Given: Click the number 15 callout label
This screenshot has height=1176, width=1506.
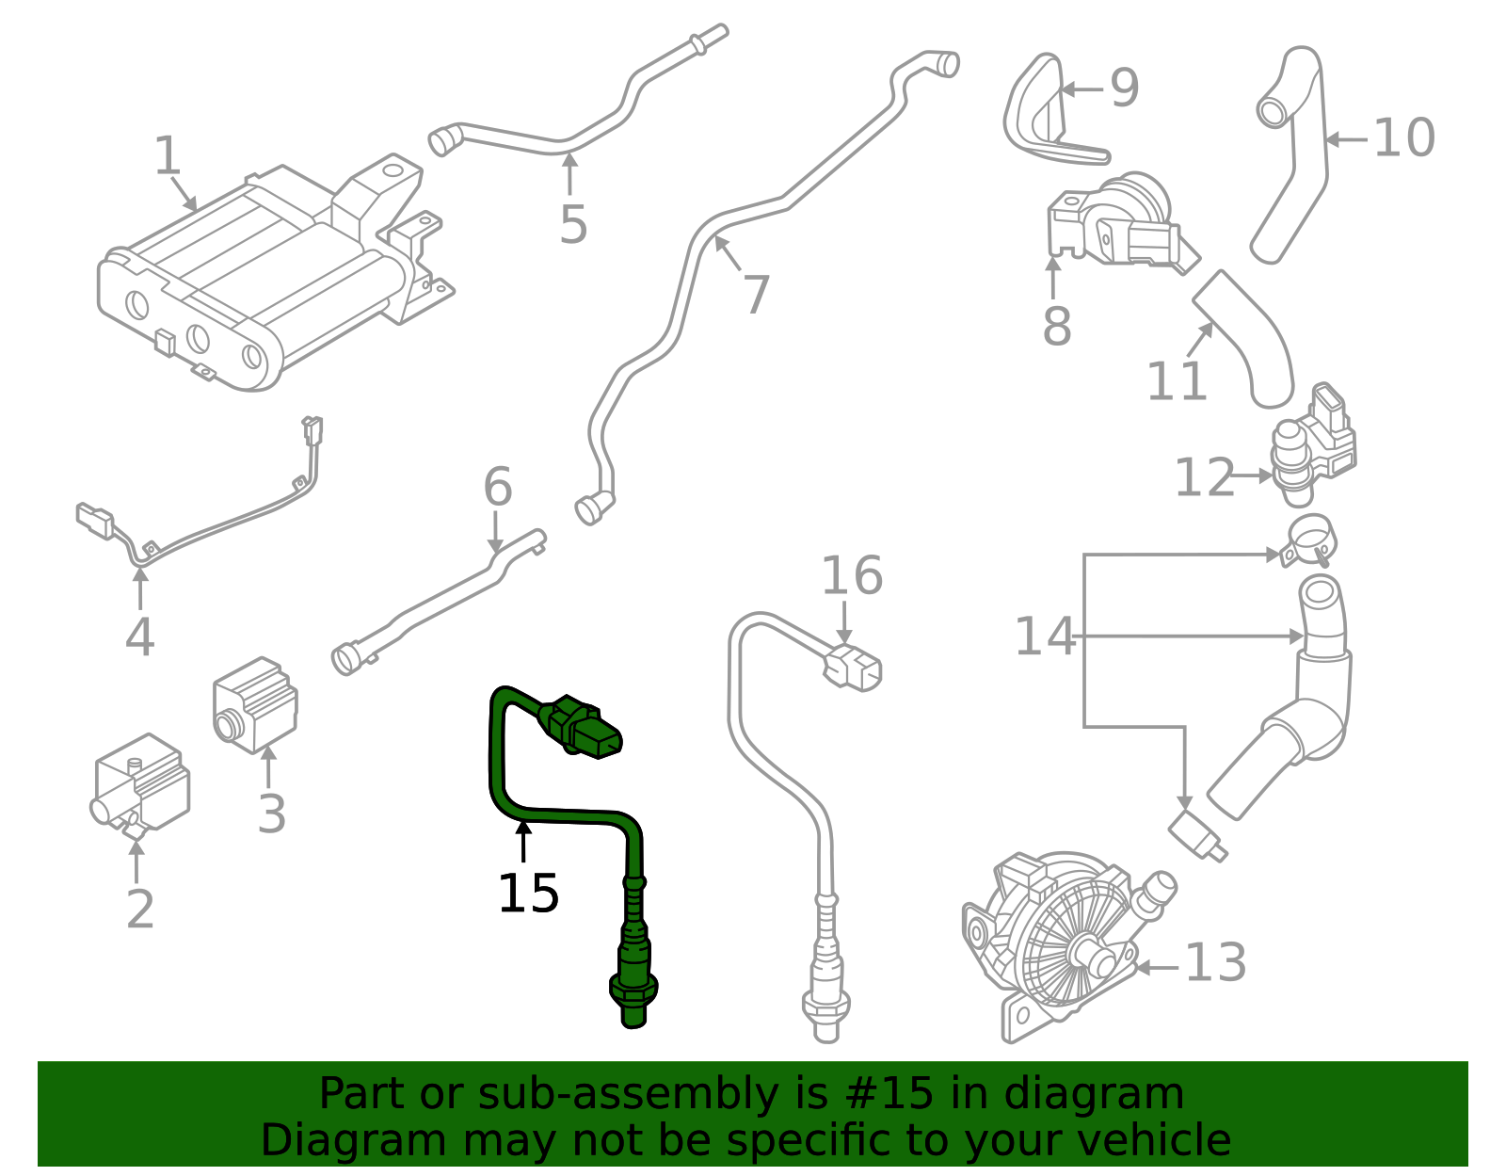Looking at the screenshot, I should pyautogui.click(x=528, y=894).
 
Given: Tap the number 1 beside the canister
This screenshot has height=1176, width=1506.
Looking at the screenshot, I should pyautogui.click(x=168, y=156).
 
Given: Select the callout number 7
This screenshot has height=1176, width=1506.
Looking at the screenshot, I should pyautogui.click(x=756, y=295).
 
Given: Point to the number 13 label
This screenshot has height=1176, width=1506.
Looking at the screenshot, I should pyautogui.click(x=1215, y=964).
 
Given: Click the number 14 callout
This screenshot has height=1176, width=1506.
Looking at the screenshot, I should pyautogui.click(x=1044, y=636).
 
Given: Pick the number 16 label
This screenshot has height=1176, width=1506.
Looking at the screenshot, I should pyautogui.click(x=852, y=576).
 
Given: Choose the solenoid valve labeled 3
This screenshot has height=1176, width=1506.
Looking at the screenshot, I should pyautogui.click(x=254, y=704).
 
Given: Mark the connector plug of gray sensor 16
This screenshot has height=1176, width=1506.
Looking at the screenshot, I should pyautogui.click(x=854, y=666).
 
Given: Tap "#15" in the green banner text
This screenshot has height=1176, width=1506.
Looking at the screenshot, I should pyautogui.click(x=889, y=1094).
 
